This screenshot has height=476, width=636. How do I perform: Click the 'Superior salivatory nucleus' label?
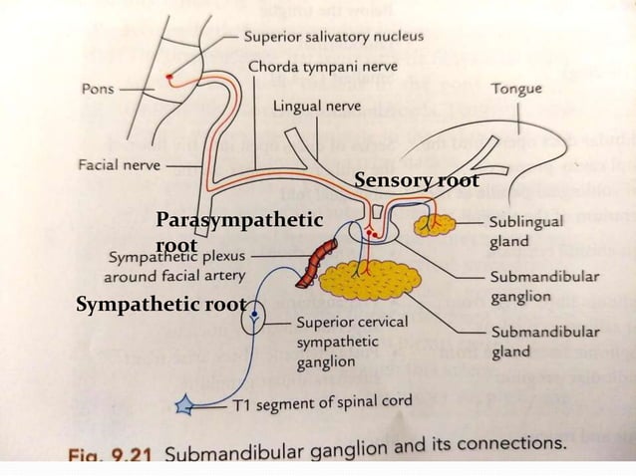(333, 36)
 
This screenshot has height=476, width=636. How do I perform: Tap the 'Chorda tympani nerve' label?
(322, 68)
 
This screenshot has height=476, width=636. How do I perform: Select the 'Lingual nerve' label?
(316, 104)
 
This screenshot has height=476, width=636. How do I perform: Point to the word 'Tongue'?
(516, 89)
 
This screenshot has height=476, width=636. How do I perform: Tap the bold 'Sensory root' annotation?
(417, 181)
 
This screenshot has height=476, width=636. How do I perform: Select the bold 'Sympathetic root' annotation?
(160, 305)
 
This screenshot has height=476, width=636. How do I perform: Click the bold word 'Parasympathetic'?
(239, 219)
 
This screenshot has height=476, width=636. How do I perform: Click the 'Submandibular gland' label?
(543, 342)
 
